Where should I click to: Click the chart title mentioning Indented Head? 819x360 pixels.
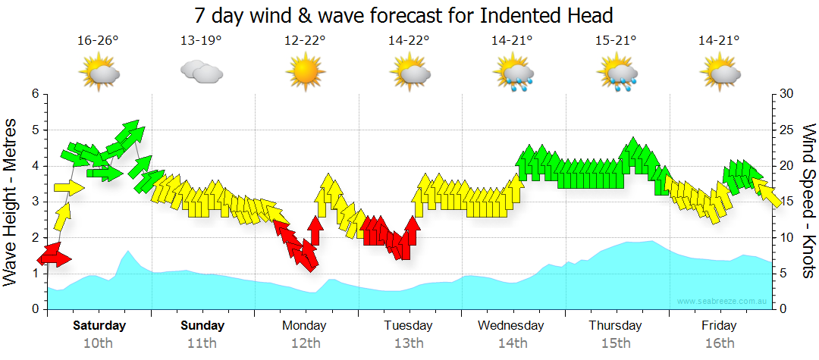(x=403, y=14)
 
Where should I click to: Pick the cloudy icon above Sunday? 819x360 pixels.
(x=201, y=73)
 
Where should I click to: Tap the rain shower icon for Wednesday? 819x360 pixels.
(x=514, y=74)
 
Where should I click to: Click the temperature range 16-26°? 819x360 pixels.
(x=98, y=40)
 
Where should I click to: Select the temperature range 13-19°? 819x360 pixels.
(x=201, y=40)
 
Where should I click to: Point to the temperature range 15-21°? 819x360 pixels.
(x=616, y=40)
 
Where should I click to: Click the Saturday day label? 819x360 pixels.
(x=99, y=326)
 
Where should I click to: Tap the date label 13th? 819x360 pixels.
(x=408, y=343)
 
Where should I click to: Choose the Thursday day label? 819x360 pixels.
(x=616, y=326)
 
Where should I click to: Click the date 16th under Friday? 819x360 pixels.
(x=719, y=343)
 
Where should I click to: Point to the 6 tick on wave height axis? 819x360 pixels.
(x=35, y=94)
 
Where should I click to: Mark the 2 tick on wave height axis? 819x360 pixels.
(x=35, y=238)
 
